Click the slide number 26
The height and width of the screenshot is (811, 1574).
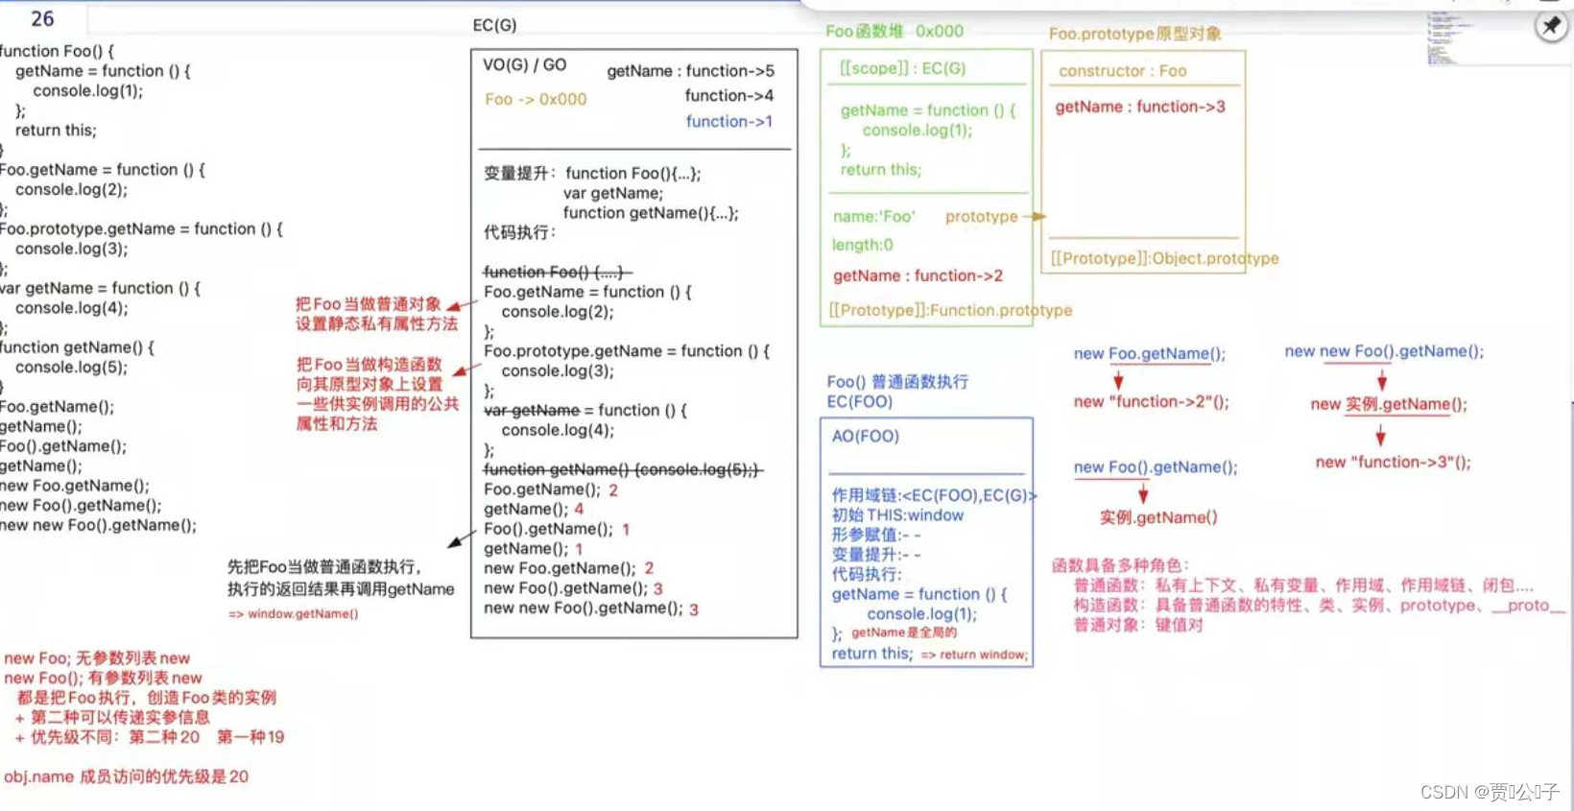[42, 18]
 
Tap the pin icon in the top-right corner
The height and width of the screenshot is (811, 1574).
[1551, 26]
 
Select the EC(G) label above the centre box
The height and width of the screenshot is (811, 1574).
[494, 25]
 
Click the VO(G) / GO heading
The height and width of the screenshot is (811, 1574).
[524, 64]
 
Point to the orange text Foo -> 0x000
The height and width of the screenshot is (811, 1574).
[536, 99]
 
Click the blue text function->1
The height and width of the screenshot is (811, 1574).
[728, 121]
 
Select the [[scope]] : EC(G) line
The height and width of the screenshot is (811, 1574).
[902, 68]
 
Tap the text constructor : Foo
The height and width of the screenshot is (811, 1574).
[1122, 71]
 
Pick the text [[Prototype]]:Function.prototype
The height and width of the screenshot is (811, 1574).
[950, 310]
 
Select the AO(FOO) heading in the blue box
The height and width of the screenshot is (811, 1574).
[865, 436]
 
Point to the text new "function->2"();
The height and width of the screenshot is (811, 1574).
[1151, 401]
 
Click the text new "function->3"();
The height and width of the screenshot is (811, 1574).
[1393, 462]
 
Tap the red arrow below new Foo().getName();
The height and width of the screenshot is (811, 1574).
[1143, 493]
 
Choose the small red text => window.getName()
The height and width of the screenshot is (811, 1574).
[293, 613]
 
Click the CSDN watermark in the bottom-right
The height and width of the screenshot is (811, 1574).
[1489, 792]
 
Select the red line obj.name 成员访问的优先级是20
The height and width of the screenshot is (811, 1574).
[126, 776]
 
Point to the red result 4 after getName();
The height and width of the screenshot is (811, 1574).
[579, 509]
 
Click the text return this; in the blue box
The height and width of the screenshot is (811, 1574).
[871, 654]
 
